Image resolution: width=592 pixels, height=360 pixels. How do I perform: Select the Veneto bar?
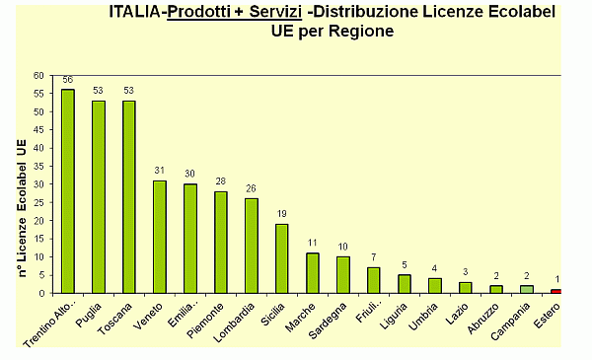pyautogui.click(x=160, y=236)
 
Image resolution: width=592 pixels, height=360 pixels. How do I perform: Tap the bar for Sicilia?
pyautogui.click(x=282, y=257)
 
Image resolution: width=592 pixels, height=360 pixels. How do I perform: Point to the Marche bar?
pyautogui.click(x=313, y=272)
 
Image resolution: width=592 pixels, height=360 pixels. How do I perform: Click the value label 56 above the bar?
pyautogui.click(x=68, y=80)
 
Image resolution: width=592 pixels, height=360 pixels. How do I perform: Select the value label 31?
pyautogui.click(x=160, y=171)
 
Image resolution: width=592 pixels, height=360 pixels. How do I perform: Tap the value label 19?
pyautogui.click(x=282, y=214)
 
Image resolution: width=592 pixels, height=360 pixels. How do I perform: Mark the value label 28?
pyautogui.click(x=221, y=181)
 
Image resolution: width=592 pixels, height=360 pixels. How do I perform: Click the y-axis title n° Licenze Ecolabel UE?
pyautogui.click(x=22, y=208)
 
